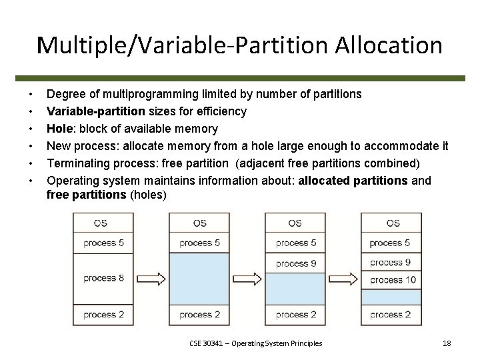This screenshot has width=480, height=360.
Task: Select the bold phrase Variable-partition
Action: coord(91,111)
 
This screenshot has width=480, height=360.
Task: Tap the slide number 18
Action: coord(447,343)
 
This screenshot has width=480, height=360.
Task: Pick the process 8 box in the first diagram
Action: coord(103,278)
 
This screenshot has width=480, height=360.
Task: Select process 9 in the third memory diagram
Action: coord(295,263)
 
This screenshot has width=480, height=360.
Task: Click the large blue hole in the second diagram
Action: coord(199,278)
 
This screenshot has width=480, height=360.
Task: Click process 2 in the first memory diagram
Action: coord(103,314)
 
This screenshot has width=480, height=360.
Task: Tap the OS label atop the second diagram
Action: coord(199,223)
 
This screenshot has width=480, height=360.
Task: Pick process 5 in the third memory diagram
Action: coord(295,243)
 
